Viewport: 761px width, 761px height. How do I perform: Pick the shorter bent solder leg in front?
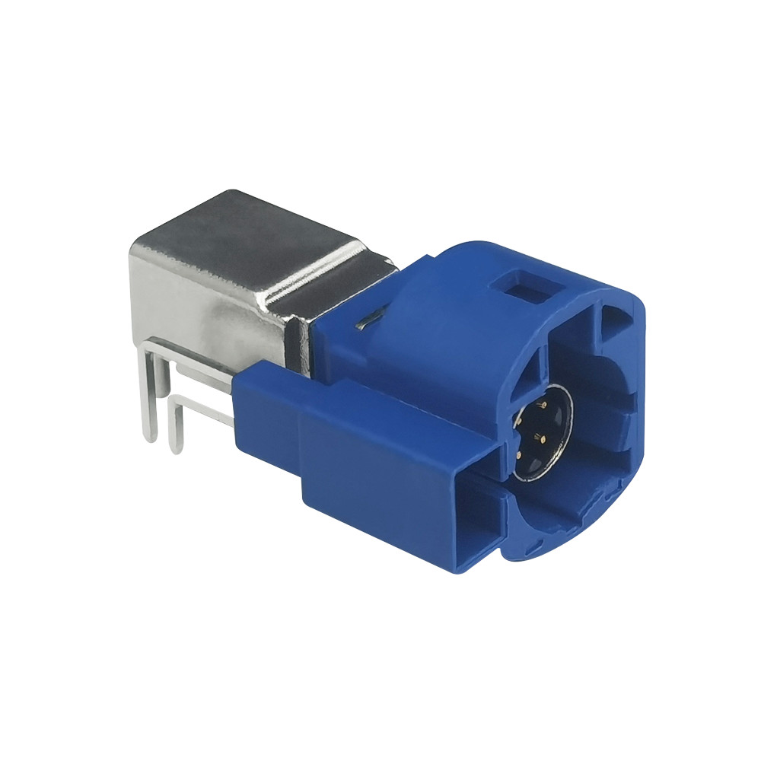pos(175,426)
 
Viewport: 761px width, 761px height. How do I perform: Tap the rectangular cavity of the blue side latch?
pos(479,525)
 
